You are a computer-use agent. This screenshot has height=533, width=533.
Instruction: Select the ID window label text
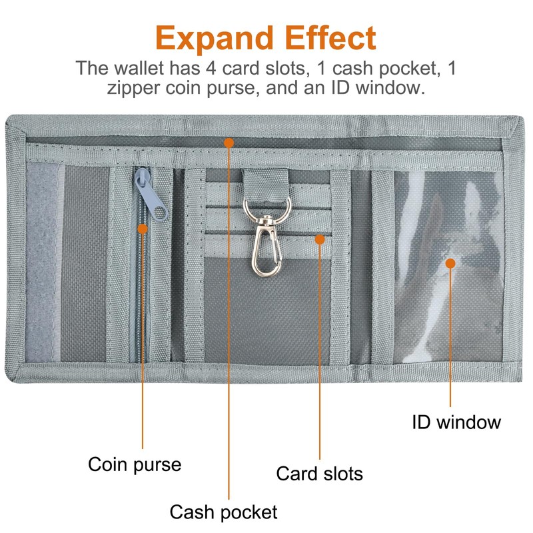tap(456, 422)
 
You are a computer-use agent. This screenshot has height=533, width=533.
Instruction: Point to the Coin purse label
tap(135, 464)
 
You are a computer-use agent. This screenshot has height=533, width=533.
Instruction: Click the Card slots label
tap(320, 474)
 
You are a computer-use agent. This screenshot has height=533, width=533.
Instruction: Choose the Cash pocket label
tap(223, 512)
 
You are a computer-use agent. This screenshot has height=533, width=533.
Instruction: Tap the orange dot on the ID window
tap(450, 264)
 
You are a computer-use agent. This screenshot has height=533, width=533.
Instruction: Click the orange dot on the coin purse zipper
tap(143, 229)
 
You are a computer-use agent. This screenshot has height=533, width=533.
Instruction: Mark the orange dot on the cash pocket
tap(229, 141)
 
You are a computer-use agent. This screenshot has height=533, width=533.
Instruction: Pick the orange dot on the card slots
tap(320, 239)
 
